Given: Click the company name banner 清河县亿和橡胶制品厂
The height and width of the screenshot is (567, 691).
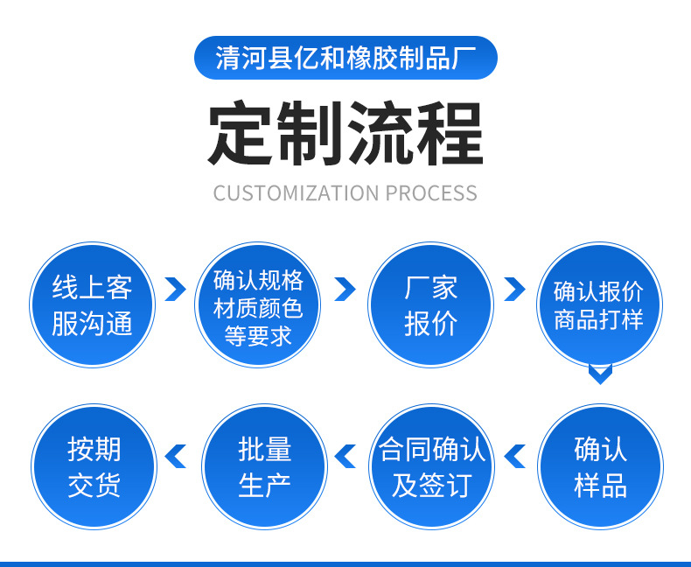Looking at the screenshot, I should point(345,59).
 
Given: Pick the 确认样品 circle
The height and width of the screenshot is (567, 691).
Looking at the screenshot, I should point(600,466).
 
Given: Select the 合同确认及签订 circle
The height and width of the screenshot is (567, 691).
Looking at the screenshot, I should point(430,466).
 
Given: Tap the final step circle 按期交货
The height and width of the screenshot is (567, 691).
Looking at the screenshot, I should point(94,466).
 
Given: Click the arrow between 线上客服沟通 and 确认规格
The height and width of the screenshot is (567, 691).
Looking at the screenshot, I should point(176,289).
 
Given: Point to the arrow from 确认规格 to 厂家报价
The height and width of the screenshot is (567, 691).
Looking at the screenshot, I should point(345,289).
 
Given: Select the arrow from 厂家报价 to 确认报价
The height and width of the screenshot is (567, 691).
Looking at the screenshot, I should point(514,289).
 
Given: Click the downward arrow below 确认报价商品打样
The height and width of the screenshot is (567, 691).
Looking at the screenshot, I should point(599,375).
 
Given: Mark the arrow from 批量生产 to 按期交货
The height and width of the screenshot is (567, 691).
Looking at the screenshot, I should point(177,456).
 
